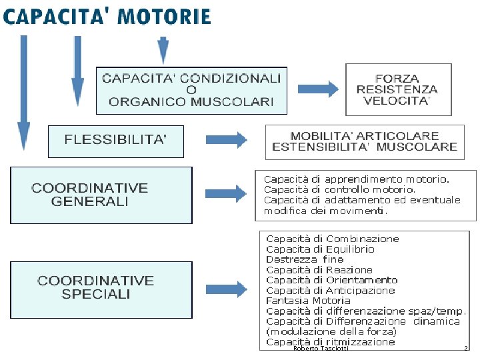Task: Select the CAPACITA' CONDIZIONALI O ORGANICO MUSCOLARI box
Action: pos(191,90)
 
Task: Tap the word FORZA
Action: pos(397,78)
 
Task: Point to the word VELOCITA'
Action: pos(397,101)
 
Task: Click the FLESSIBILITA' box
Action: pos(115,140)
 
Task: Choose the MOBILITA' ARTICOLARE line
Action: pos(365,135)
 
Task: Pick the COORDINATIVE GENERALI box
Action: pos(101,194)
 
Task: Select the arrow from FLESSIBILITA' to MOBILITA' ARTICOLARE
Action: pos(226,140)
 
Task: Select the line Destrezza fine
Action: pos(305,259)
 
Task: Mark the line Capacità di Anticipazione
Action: pos(330,291)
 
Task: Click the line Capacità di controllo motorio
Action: pos(339,189)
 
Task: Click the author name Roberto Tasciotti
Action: pos(321,348)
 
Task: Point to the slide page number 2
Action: pos(466,348)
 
